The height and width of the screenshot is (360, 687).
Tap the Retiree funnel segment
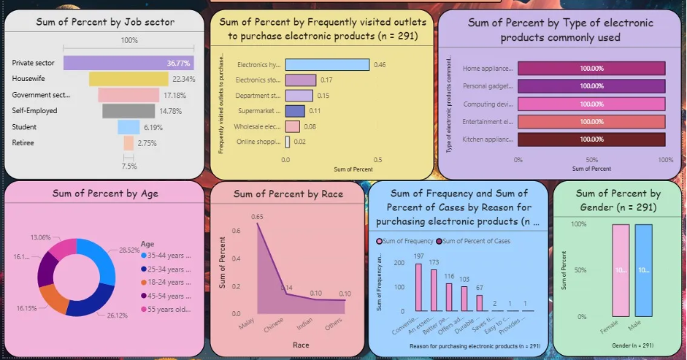[x=128, y=143]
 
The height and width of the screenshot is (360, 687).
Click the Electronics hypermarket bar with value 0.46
[x=327, y=65]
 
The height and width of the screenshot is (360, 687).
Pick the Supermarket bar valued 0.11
[x=295, y=111]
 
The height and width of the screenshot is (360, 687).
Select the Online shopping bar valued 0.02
[x=288, y=142]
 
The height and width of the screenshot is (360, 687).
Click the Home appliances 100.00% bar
[x=591, y=69]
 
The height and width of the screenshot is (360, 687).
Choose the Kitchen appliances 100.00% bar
[x=591, y=139]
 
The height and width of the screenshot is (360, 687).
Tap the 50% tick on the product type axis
[x=591, y=159]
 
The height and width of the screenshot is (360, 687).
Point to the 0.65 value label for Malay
[x=257, y=217]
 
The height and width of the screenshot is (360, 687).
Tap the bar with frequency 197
[x=419, y=288]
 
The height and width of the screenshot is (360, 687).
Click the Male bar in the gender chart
[x=643, y=270]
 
